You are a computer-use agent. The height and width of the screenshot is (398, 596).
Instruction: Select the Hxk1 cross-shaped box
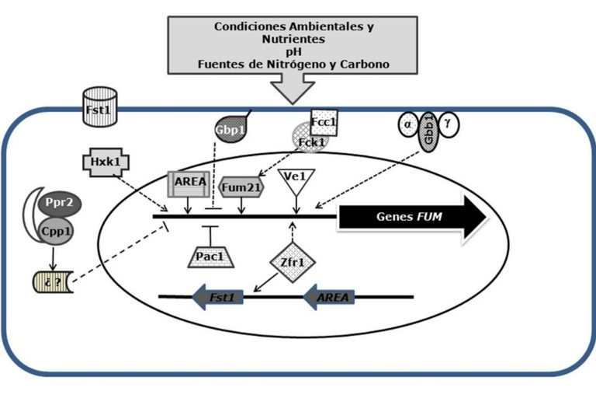coord(106,162)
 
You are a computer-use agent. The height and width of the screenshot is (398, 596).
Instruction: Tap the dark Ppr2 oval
coord(60,203)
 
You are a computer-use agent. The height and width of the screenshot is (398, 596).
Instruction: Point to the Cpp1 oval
coord(56,231)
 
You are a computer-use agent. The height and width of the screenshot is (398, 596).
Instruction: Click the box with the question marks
coord(53,282)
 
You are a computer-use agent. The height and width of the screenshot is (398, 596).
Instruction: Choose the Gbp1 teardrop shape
coord(230,130)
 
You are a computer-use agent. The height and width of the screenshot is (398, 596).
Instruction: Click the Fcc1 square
coord(324,123)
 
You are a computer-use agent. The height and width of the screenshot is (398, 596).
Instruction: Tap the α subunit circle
coord(408,124)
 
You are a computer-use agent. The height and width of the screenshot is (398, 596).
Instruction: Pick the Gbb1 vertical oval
coord(428,132)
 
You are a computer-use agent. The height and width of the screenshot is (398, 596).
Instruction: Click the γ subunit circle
coord(449,124)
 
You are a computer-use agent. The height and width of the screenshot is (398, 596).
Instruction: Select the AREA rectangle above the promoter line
coord(189,184)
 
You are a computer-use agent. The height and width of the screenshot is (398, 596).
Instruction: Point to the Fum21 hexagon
coord(241,187)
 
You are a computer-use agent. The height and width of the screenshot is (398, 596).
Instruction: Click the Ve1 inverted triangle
coord(296,182)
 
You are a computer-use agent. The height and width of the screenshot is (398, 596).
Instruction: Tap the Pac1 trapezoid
coord(210,258)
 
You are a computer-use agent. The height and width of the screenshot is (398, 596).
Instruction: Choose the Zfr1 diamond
coord(293,263)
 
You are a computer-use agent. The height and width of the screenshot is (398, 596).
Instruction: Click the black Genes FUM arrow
coord(413,217)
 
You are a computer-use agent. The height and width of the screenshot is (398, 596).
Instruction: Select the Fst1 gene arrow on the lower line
coord(218,297)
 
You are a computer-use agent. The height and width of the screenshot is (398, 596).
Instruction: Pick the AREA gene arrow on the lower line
coord(329,297)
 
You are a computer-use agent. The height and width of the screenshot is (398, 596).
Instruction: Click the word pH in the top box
coord(293,52)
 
